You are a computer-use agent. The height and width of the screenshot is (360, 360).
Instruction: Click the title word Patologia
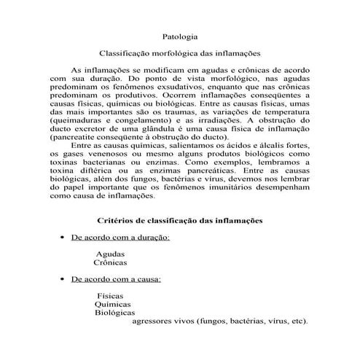179,36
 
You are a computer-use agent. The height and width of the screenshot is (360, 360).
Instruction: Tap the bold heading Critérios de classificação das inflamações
180,220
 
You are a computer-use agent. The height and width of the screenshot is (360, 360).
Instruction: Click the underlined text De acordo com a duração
120,238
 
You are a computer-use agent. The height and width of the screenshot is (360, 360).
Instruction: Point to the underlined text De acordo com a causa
116,279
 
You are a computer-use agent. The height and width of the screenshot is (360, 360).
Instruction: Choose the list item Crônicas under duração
111,262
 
